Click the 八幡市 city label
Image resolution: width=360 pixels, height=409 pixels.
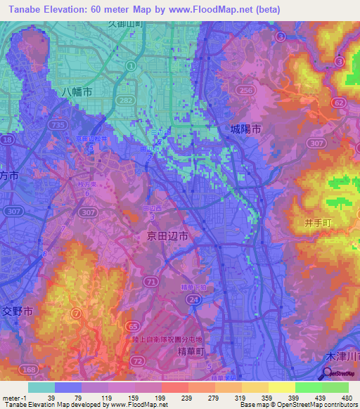[76, 93]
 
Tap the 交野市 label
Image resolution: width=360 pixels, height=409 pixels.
[18, 311]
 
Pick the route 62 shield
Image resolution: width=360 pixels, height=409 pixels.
[340, 102]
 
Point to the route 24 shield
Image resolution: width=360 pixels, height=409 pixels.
[191, 299]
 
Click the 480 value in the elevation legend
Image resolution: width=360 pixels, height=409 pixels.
[346, 398]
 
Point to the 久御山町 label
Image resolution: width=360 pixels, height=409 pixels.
[126, 23]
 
